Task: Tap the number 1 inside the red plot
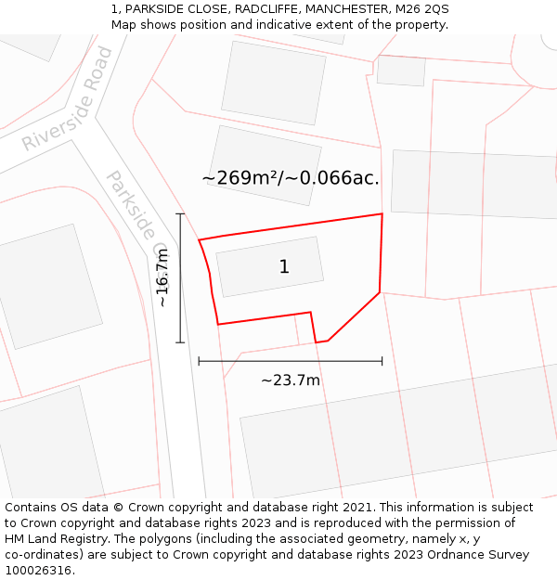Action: (284, 267)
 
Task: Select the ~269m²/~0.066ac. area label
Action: (291, 177)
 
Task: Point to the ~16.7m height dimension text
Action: (162, 277)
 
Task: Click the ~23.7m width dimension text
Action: (290, 380)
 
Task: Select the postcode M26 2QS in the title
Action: (420, 9)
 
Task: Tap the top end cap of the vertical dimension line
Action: (180, 214)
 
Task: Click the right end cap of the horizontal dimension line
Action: (382, 361)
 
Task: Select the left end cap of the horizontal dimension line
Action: (199, 361)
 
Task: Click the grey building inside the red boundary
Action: (269, 266)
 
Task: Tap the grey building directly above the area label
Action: (266, 154)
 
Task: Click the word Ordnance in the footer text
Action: (451, 555)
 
